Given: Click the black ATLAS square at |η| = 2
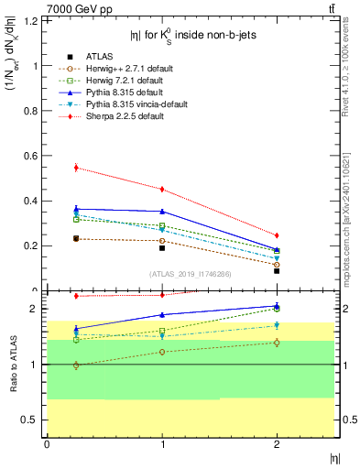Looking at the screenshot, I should [277, 270].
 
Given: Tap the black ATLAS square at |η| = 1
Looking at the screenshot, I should [162, 247].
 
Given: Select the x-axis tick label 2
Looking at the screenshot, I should [277, 444].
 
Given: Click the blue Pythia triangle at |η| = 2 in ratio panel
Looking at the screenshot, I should [277, 306].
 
